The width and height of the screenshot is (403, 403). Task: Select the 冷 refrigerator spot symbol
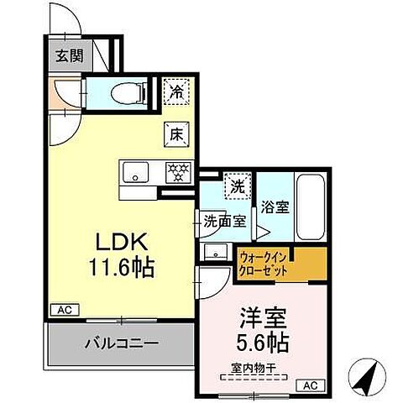pyautogui.click(x=175, y=89)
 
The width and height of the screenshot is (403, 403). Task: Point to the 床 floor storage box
pyautogui.click(x=176, y=133)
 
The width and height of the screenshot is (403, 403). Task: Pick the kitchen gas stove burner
pyautogui.click(x=177, y=171)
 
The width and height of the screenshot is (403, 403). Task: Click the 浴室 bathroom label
pyautogui.click(x=277, y=206)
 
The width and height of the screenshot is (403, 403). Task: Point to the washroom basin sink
pyautogui.click(x=216, y=251)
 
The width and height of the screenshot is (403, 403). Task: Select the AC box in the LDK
pyautogui.click(x=64, y=310)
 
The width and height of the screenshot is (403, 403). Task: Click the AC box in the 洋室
pyautogui.click(x=311, y=385)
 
